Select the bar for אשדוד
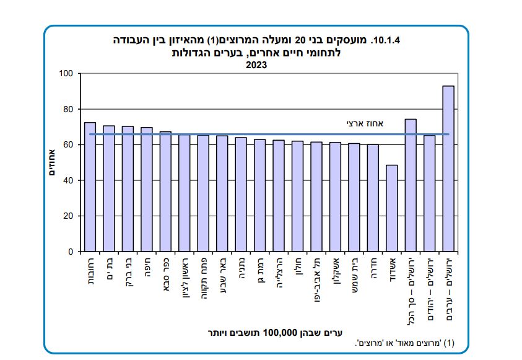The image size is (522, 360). pos(391,208)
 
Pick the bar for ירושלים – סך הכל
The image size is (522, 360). pos(411,185)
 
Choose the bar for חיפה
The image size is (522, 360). pos(147,190)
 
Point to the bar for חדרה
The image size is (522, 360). pos(373,198)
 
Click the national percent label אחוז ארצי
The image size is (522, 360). pos(365,124)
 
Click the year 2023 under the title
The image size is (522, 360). pos(257,64)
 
